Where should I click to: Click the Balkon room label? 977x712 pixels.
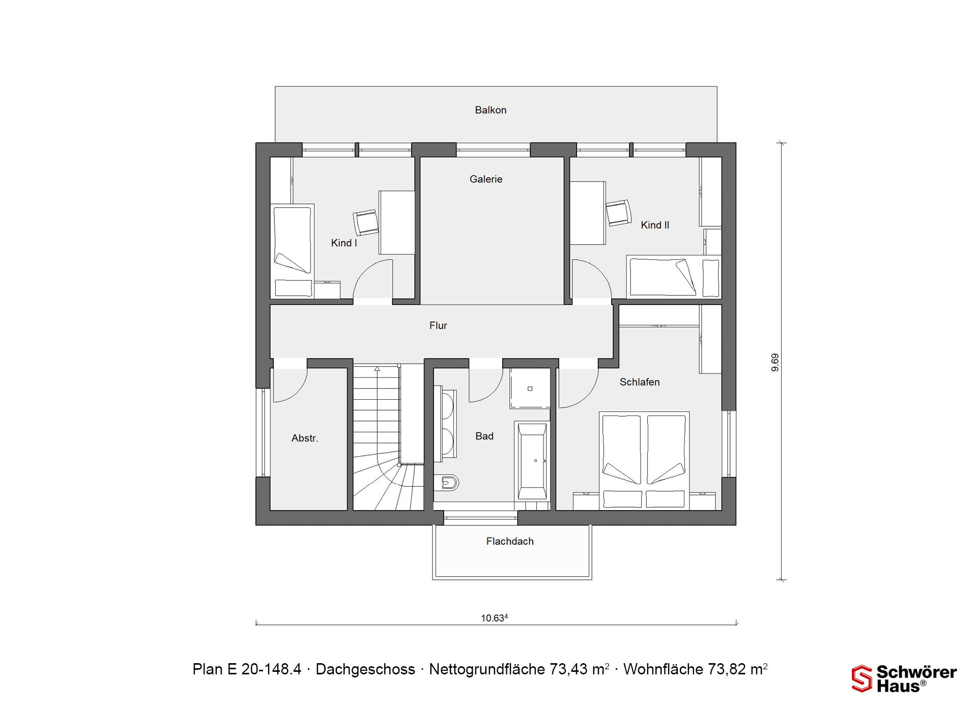(491, 110)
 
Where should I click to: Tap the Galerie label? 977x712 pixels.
(486, 179)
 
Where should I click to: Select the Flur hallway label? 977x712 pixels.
(438, 325)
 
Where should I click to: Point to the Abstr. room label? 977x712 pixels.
(305, 438)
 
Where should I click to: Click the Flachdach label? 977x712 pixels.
(510, 542)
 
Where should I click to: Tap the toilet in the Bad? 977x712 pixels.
(446, 482)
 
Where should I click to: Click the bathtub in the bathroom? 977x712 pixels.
(532, 461)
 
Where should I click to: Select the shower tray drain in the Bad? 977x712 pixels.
(530, 389)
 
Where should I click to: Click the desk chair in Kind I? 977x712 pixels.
(366, 222)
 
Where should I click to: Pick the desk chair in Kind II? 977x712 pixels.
(619, 213)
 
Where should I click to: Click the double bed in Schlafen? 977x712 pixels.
(644, 460)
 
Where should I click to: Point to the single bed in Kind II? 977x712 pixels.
(674, 277)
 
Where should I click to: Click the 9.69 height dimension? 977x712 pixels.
(775, 362)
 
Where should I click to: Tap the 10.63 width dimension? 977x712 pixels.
(494, 618)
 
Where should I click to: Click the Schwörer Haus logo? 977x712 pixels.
(904, 678)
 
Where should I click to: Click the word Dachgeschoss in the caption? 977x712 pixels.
(365, 669)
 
